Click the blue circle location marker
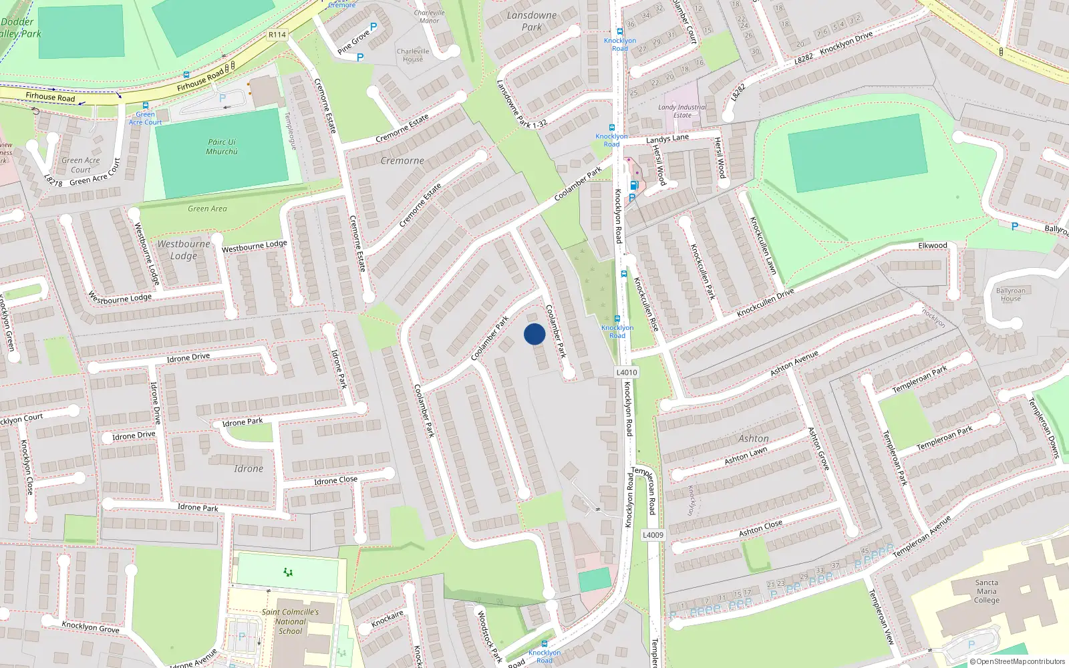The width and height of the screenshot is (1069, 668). [x=534, y=334]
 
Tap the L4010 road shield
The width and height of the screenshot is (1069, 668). [x=626, y=372]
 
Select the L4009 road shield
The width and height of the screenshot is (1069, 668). [x=653, y=534]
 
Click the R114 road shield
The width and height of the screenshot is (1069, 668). [x=277, y=35]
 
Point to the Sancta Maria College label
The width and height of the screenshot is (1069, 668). [x=986, y=591]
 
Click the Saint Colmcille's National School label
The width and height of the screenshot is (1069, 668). [x=290, y=621]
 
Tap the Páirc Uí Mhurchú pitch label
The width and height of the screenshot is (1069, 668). [x=222, y=147]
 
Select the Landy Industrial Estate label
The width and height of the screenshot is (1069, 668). [x=682, y=111]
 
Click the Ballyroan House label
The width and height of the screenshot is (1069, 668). [x=1010, y=295]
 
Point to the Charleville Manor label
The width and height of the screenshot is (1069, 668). [x=429, y=17]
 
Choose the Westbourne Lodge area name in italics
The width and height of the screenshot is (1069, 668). [x=184, y=250]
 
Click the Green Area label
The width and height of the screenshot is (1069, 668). [x=207, y=208]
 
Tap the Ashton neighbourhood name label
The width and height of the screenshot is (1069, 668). [x=754, y=439]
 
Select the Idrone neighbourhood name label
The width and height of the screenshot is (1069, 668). [x=249, y=469]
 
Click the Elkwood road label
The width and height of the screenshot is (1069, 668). [x=933, y=245]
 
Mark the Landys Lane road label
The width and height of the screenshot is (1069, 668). [x=667, y=138]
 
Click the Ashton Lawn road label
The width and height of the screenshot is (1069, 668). [x=746, y=456]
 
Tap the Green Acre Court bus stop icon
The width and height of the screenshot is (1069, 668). [x=145, y=106]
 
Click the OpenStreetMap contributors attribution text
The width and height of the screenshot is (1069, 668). [x=1018, y=661]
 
